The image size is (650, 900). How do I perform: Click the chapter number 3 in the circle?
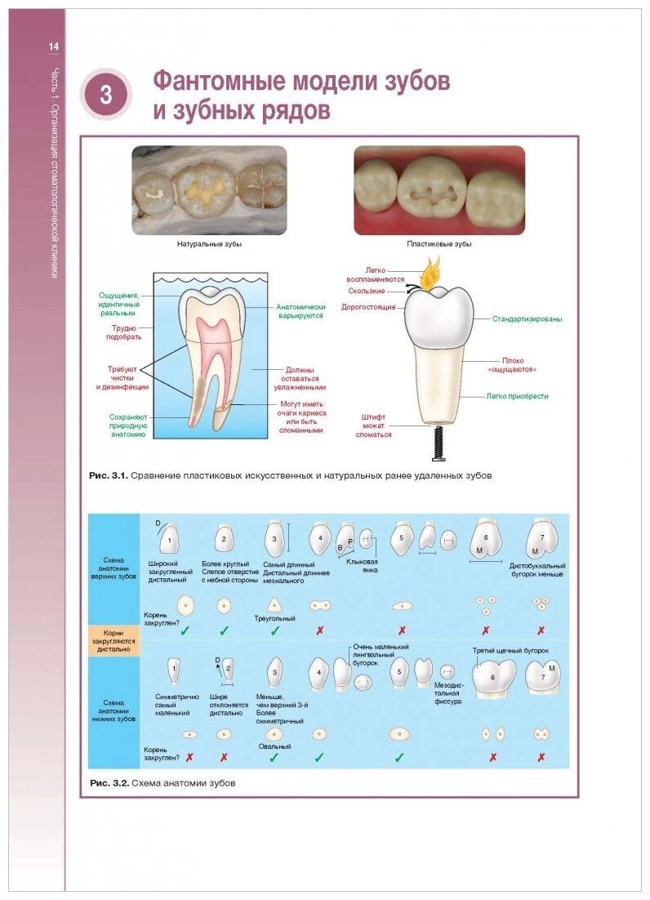[x=106, y=95]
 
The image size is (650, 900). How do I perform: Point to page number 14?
[x=54, y=47]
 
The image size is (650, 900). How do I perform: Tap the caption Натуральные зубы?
[x=209, y=244]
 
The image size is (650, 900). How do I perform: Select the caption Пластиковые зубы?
[x=439, y=244]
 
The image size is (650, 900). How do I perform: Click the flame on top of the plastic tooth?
[x=430, y=275]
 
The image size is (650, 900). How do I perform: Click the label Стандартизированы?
[x=527, y=319]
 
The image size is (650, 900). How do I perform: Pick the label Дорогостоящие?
[x=373, y=307]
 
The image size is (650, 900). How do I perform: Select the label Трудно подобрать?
[x=126, y=332]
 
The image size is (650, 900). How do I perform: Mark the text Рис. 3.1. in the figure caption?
[x=109, y=475]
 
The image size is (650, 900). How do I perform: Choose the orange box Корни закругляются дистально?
[x=114, y=637]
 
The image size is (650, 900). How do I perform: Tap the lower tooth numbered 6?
[x=492, y=677]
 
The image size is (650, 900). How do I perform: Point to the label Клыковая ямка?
[x=362, y=566]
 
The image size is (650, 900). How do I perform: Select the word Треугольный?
[x=276, y=619]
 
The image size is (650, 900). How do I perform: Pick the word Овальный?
[x=274, y=746]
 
